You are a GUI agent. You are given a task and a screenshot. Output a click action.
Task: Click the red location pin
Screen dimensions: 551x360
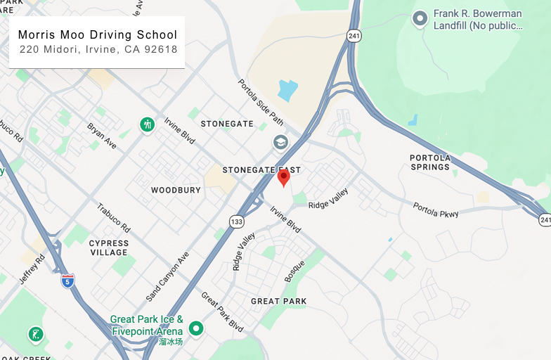pos(283,177)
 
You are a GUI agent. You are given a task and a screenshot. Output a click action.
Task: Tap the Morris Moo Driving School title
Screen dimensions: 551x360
pos(98,34)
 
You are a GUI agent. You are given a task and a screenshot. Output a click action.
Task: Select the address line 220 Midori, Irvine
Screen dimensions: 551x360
pos(98,50)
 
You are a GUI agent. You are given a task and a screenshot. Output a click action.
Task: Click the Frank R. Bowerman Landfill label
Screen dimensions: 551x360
pos(478,20)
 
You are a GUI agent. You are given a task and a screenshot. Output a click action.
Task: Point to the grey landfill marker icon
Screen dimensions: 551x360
pos(420,18)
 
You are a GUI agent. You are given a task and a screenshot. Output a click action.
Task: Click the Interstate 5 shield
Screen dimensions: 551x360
pos(67,280)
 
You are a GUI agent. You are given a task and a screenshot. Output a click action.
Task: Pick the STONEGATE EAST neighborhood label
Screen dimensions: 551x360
pos(261,170)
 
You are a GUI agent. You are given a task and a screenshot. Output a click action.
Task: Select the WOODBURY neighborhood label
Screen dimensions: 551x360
pos(176,191)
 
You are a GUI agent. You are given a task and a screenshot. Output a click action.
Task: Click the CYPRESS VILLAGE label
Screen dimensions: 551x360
pos(109,247)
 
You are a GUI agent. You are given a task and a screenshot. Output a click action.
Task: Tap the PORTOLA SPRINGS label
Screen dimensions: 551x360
pos(430,162)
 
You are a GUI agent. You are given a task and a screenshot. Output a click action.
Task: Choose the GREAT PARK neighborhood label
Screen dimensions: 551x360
pos(279,302)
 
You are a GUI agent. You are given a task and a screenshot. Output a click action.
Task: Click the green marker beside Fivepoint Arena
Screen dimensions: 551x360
pos(196,328)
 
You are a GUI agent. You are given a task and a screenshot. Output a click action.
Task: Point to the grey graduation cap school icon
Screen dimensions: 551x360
pos(280,142)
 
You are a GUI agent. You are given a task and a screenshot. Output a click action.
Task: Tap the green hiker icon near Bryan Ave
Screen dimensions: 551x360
pos(147,124)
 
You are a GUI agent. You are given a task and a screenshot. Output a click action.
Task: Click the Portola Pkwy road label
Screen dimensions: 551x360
pos(436,210)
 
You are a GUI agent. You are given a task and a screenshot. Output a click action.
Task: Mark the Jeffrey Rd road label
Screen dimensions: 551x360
pos(32,269)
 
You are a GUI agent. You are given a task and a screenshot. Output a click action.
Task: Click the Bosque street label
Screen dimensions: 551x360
pos(294,271)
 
